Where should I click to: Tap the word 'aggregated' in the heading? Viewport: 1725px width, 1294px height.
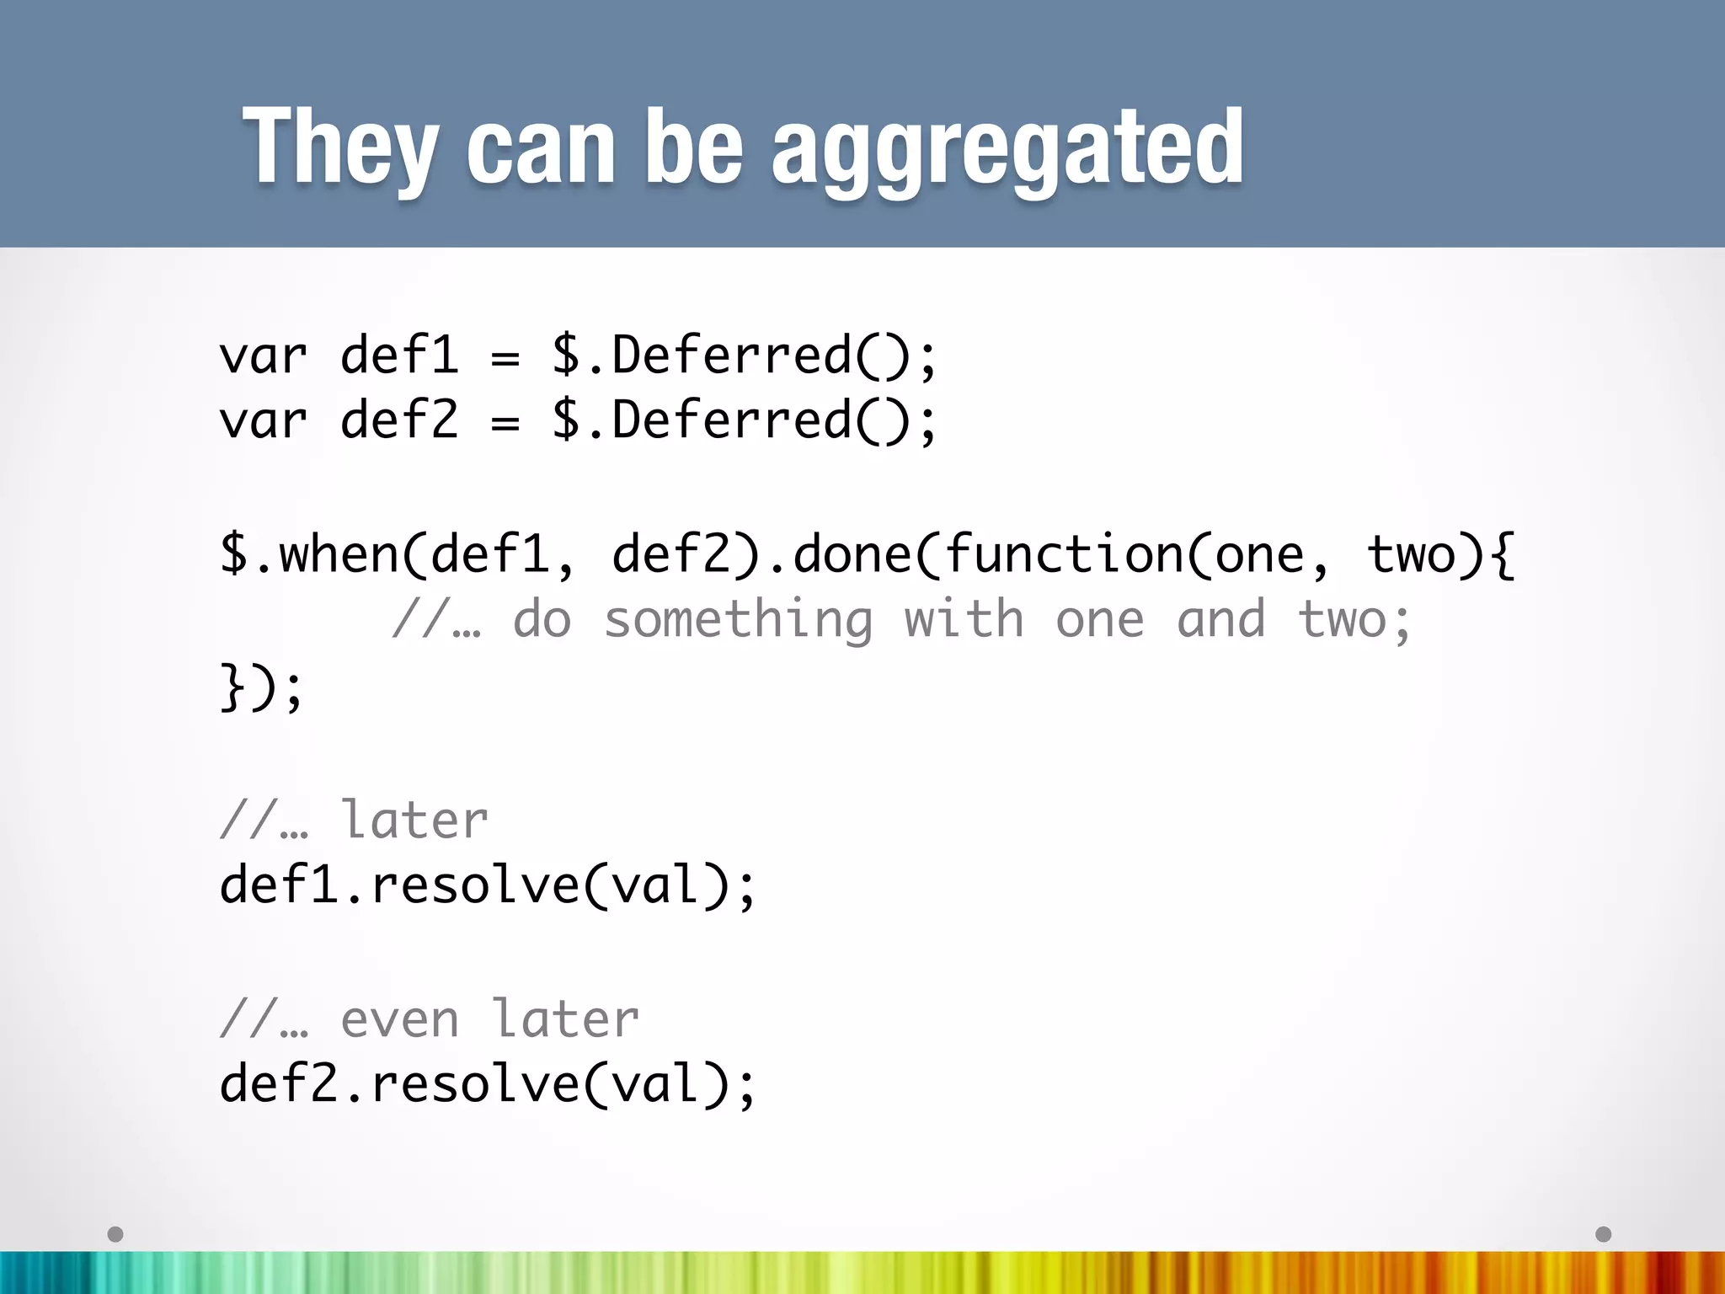1007,150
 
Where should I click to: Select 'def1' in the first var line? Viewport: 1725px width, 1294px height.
399,355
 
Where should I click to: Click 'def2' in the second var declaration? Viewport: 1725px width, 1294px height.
399,420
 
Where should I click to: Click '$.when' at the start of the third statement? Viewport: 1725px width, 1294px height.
308,554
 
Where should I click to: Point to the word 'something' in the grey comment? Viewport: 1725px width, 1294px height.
738,620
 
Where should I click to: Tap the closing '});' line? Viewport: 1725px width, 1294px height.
261,687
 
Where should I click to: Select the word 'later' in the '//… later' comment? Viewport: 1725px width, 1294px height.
414,819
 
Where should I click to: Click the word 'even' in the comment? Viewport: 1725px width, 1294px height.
399,1019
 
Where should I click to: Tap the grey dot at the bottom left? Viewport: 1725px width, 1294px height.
116,1234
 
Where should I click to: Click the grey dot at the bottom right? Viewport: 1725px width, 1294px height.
1604,1234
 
